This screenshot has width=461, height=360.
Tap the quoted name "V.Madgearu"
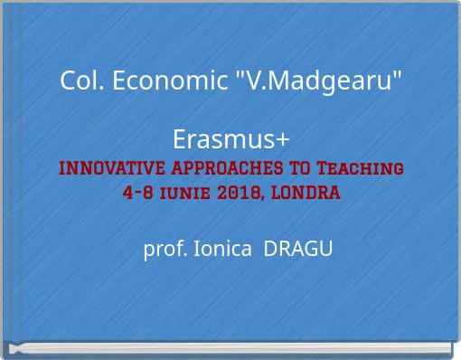(318, 81)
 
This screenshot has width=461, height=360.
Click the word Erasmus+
(230, 140)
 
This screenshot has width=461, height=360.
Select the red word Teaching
(355, 168)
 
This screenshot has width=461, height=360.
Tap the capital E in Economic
(112, 81)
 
